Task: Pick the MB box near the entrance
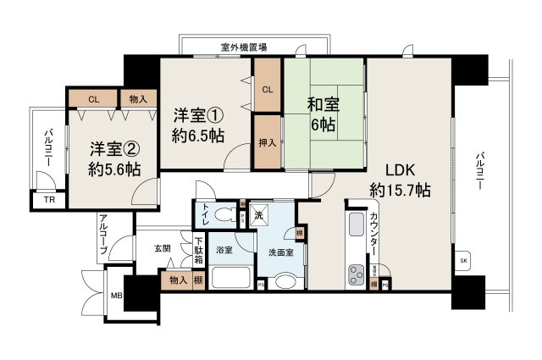pos(115,296)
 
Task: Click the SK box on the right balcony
pos(463,261)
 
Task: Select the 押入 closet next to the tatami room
pos(267,142)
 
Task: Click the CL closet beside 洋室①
pos(267,89)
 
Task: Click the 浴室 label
pos(224,251)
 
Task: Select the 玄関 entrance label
pos(163,248)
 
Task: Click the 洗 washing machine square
pos(257,214)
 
